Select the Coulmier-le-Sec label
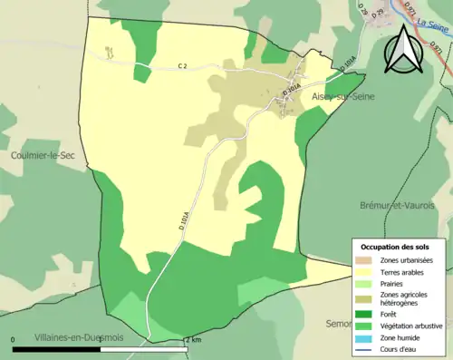pyautogui.click(x=42, y=155)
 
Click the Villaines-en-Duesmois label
pyautogui.click(x=80, y=336)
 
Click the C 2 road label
pyautogui.click(x=183, y=65)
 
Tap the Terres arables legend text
pyautogui.click(x=403, y=271)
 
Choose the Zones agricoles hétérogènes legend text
pyautogui.click(x=406, y=298)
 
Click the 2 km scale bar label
pyautogui.click(x=193, y=339)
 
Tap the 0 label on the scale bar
pyautogui.click(x=14, y=339)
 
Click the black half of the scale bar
pyautogui.click(x=56, y=347)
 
